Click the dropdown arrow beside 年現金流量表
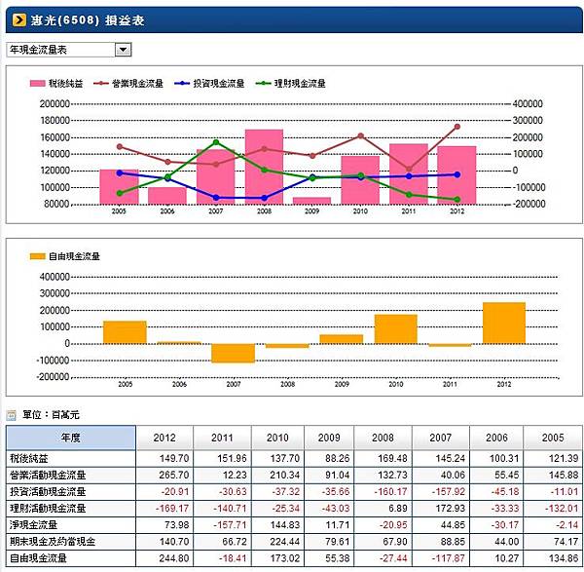click(x=123, y=49)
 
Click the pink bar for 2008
click(x=264, y=166)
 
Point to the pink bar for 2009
click(x=311, y=200)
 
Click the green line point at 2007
click(x=216, y=142)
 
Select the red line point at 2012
click(x=456, y=127)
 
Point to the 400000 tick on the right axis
click(x=526, y=102)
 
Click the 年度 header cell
click(x=72, y=438)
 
